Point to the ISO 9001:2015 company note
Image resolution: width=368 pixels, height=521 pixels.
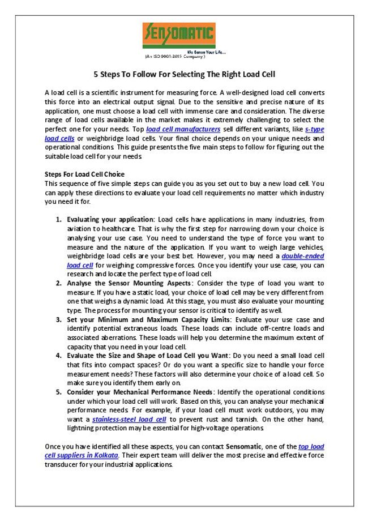point(175,57)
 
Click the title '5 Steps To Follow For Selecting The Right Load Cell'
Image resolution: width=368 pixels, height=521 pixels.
point(183,74)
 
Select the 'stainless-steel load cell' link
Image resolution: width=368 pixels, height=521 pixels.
point(129,419)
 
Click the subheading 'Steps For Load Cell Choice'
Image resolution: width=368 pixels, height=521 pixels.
point(84,174)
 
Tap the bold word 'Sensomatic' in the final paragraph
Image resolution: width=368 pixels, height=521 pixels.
point(247,447)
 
